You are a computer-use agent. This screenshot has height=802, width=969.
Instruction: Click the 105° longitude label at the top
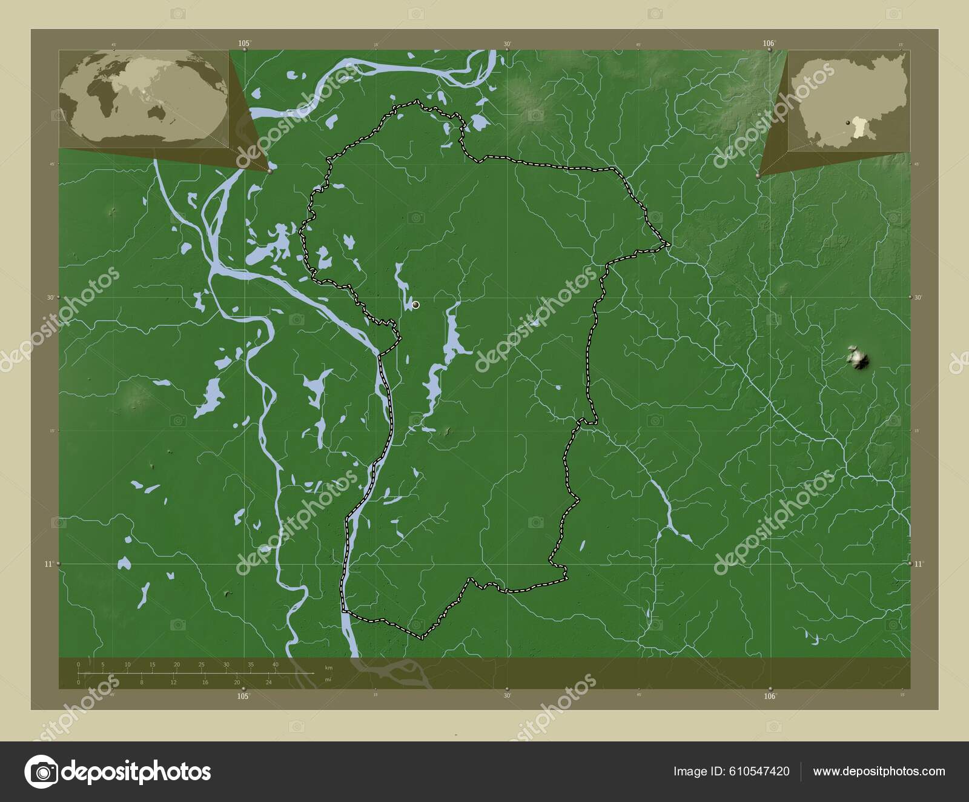244,43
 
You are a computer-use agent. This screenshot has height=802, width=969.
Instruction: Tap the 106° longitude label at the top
769,43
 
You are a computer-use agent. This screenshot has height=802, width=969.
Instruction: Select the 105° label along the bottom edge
243,696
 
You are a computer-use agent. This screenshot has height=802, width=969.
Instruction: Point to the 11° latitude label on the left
48,564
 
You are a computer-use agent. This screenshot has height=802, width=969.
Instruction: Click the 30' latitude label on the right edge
918,297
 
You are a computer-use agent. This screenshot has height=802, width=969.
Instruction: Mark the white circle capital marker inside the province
415,305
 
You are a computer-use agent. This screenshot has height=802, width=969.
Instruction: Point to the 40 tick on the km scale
276,665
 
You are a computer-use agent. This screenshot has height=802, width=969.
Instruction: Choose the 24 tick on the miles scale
268,682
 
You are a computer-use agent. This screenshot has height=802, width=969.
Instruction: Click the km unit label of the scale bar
328,668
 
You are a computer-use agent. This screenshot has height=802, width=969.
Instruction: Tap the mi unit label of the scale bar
328,680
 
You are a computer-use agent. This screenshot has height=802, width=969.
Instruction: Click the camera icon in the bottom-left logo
41,772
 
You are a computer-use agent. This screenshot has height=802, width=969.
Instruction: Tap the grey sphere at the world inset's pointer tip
270,171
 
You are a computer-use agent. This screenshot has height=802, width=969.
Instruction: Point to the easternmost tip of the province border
669,244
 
